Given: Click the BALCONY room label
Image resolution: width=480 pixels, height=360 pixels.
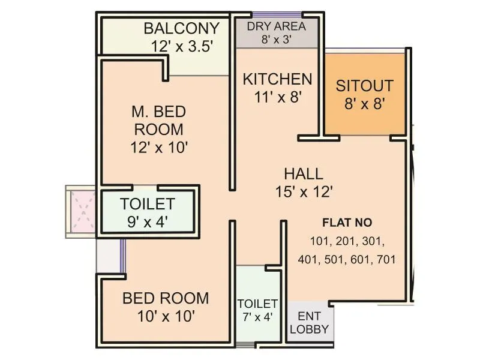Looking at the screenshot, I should (181, 28).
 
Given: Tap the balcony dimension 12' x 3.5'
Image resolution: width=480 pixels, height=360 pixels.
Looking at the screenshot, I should (181, 46).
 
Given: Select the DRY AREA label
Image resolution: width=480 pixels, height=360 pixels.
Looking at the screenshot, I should (276, 26).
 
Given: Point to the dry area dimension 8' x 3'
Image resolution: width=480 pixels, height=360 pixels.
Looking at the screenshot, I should (276, 40).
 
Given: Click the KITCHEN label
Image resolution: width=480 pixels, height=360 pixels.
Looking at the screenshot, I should (277, 79).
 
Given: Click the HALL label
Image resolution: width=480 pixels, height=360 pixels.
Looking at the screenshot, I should (303, 174).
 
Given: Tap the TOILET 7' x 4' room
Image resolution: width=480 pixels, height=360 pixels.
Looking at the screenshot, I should (257, 310).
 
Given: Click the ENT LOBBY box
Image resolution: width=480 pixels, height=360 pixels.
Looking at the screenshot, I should (309, 323).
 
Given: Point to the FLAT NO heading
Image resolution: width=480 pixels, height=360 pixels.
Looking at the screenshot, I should (347, 223).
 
